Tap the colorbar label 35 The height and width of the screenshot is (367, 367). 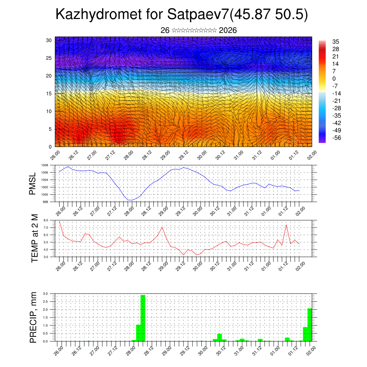click(336, 42)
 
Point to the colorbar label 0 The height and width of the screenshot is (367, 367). click(334, 78)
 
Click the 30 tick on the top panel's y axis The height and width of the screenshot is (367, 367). click(49, 40)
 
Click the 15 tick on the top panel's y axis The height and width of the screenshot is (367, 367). click(49, 94)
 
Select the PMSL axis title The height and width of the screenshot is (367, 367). click(33, 183)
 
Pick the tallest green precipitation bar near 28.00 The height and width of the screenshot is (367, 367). click(143, 318)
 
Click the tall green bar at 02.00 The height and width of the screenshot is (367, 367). click(310, 324)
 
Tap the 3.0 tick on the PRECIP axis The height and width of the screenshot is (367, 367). click(45, 294)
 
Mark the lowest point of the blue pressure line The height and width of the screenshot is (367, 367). click(131, 200)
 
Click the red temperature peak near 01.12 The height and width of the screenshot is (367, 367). click(286, 225)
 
